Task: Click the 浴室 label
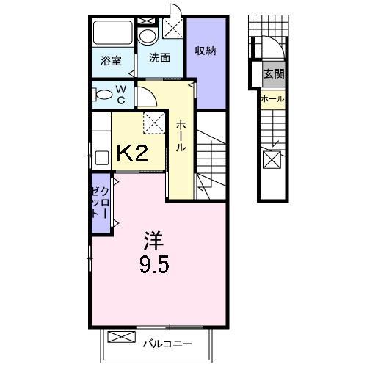(x=112, y=62)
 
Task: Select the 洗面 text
(x=160, y=58)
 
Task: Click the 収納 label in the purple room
(x=205, y=51)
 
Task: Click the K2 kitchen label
(x=133, y=153)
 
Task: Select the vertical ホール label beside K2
(x=180, y=136)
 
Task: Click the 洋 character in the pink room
(x=153, y=240)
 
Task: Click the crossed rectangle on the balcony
(x=122, y=338)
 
